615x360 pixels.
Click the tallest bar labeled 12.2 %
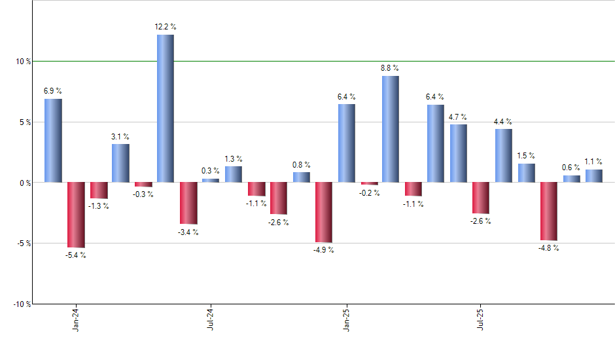166,108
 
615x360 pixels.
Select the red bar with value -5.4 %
76,215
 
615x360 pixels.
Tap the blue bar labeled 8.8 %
391,129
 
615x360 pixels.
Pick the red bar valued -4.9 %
324,212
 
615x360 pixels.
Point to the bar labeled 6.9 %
54,140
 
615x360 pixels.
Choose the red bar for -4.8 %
549,211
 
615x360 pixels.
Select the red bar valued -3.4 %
188,203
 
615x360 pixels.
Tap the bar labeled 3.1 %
120,163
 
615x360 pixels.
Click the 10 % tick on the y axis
24,62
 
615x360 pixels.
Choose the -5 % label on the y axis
24,243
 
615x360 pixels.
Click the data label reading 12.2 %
166,27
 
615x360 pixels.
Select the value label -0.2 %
368,192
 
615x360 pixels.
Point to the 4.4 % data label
503,121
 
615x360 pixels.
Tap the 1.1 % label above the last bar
593,162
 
